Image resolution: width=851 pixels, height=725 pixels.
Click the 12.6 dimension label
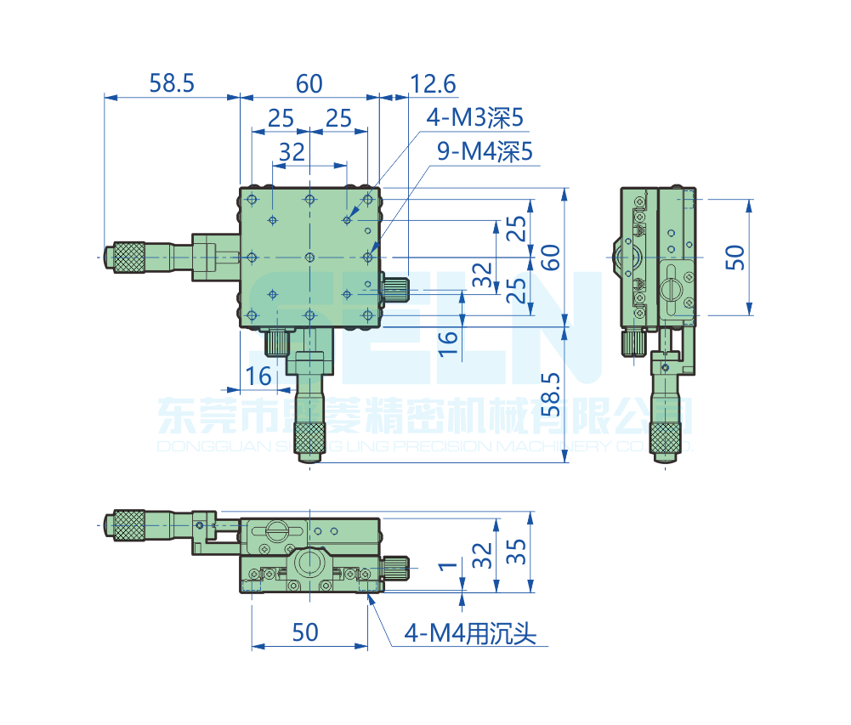[x=433, y=84]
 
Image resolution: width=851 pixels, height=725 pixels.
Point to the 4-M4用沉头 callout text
[x=470, y=633]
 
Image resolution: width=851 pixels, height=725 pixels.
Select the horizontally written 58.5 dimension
[x=172, y=83]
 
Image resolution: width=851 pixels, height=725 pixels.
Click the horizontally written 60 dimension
[x=309, y=83]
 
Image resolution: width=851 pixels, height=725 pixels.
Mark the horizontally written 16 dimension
[x=258, y=375]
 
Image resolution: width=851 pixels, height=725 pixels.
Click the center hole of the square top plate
[x=309, y=257]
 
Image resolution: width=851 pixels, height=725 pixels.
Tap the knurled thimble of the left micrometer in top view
[x=128, y=257]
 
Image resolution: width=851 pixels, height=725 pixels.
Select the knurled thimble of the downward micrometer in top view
[x=309, y=438]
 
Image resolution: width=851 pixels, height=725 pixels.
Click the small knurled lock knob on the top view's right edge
[x=395, y=287]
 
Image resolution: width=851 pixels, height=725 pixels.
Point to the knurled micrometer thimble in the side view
[x=665, y=436]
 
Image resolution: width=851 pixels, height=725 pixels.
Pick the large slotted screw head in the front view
[x=278, y=530]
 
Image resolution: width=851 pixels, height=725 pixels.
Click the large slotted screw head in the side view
[x=672, y=287]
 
